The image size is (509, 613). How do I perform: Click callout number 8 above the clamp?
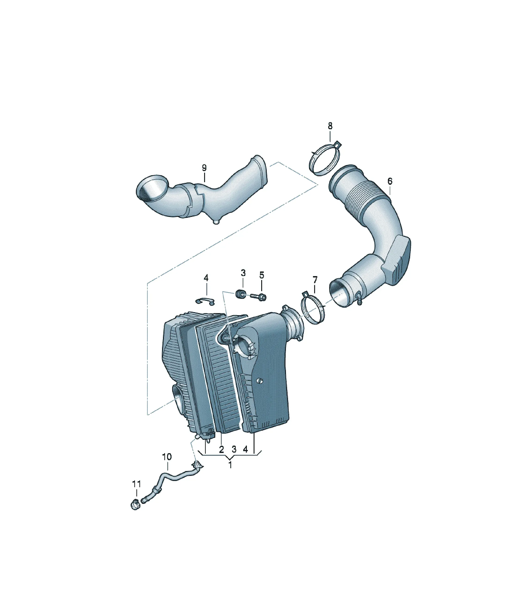coord(330,126)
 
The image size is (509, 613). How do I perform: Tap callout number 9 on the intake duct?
coord(204,168)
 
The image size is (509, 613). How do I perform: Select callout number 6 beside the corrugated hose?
coord(390,181)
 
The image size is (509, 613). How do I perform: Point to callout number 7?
coord(315,280)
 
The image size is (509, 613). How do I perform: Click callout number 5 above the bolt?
coord(261,275)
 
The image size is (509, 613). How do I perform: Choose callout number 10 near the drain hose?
coord(167,465)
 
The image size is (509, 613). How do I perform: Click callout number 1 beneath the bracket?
coord(230,474)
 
